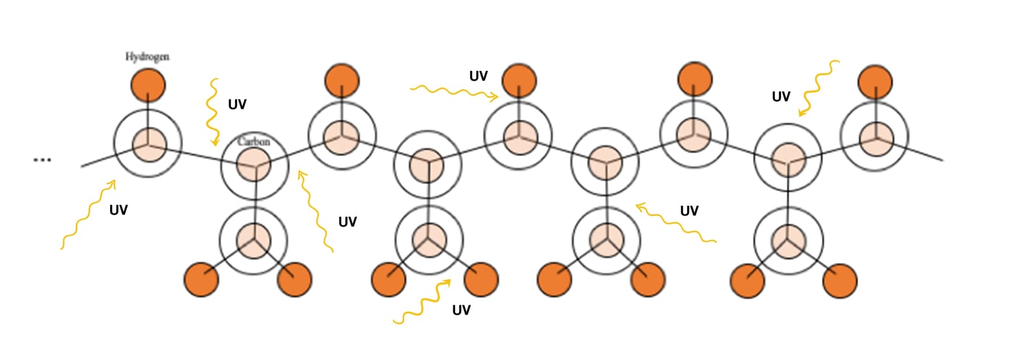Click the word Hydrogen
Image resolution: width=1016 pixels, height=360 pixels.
click(x=147, y=57)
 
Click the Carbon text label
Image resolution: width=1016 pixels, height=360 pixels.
click(x=253, y=141)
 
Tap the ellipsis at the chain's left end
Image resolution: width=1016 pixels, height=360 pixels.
click(x=42, y=159)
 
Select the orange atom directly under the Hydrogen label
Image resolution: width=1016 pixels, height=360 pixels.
click(x=148, y=85)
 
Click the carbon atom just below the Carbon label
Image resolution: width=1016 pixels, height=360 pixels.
click(x=253, y=164)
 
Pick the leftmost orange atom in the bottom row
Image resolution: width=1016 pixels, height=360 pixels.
click(x=201, y=279)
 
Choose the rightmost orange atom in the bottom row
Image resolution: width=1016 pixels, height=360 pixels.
click(x=840, y=281)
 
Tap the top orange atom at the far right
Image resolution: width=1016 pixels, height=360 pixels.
click(x=875, y=83)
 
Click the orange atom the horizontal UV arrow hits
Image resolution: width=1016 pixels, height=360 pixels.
click(x=519, y=81)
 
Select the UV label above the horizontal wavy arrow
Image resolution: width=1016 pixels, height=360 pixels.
click(x=478, y=76)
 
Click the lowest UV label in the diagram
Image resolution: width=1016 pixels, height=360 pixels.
click(x=461, y=310)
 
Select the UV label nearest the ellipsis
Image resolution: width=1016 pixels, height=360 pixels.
click(x=119, y=210)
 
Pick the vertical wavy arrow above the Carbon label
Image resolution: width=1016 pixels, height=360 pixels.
click(x=212, y=111)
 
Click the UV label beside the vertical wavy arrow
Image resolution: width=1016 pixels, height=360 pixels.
click(x=237, y=104)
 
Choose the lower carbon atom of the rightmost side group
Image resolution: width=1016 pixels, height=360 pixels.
click(x=788, y=241)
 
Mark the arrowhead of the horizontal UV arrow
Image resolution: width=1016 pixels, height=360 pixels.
click(x=494, y=98)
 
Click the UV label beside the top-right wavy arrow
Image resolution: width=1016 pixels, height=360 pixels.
click(x=781, y=97)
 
